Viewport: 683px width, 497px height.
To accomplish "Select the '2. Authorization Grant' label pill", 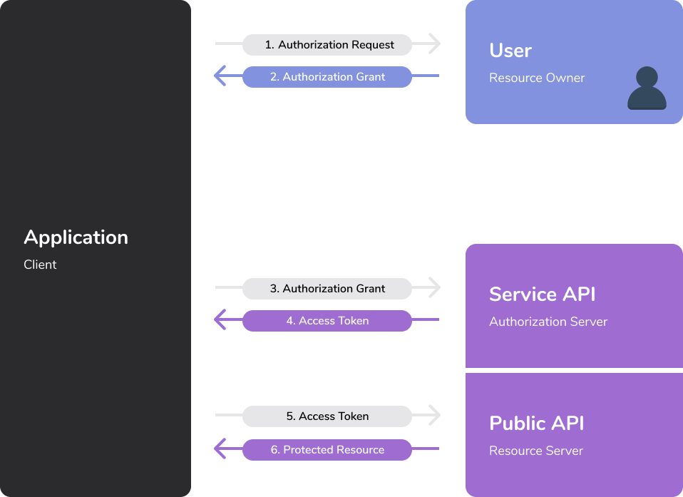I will pos(327,77).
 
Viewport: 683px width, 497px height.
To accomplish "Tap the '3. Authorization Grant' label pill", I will pos(327,289).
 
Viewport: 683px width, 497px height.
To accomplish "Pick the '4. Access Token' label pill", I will pos(327,321).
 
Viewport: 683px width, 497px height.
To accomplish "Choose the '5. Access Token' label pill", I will pos(327,416).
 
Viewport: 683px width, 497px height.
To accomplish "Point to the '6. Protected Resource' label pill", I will pos(327,450).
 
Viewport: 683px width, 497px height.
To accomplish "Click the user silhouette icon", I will pos(647,88).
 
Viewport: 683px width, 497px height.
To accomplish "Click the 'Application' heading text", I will pos(76,237).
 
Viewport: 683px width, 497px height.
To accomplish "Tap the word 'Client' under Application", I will pos(40,265).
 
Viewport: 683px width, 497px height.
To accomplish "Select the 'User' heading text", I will pos(510,51).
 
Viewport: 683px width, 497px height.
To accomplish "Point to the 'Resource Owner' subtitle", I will pos(537,78).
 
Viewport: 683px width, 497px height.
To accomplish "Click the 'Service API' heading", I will pos(542,294).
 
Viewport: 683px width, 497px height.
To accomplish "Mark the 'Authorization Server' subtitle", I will pos(548,322).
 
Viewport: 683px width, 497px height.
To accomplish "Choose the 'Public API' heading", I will pos(536,424).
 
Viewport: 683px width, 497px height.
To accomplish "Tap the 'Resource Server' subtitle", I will pos(536,451).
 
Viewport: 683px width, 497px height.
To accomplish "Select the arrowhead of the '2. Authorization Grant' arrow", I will pos(220,76).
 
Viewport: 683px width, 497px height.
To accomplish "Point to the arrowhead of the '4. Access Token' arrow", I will pos(220,320).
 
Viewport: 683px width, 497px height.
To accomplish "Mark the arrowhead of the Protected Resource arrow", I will pos(220,449).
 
